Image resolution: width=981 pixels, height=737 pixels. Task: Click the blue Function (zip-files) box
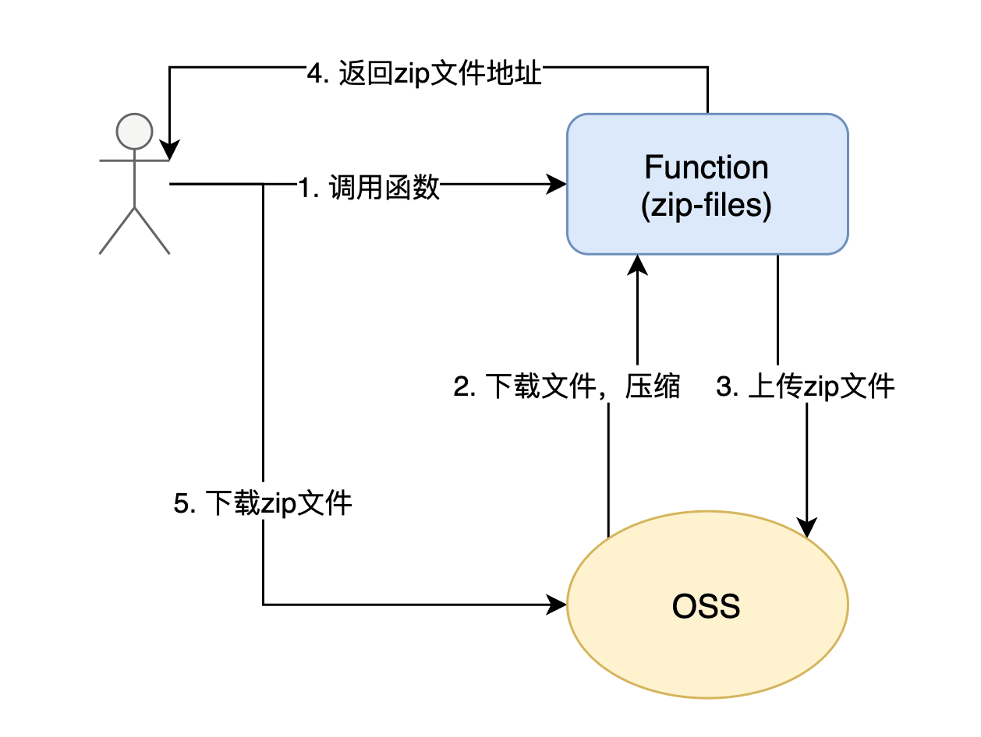click(707, 184)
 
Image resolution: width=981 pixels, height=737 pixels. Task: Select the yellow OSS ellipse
click(707, 605)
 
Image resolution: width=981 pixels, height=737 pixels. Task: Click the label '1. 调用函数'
click(369, 186)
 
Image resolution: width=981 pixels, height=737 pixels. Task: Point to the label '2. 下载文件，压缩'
click(567, 386)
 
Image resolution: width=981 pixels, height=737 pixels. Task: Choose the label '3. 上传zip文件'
click(806, 386)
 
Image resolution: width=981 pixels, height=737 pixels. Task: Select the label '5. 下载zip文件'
click(263, 503)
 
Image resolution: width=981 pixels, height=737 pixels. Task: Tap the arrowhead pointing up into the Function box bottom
click(638, 264)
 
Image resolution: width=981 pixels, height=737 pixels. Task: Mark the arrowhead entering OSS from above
click(806, 528)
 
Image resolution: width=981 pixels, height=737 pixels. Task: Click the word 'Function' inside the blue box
click(707, 167)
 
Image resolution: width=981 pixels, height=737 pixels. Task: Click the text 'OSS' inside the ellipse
click(707, 605)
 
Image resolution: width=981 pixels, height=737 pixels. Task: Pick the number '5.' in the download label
click(185, 503)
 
